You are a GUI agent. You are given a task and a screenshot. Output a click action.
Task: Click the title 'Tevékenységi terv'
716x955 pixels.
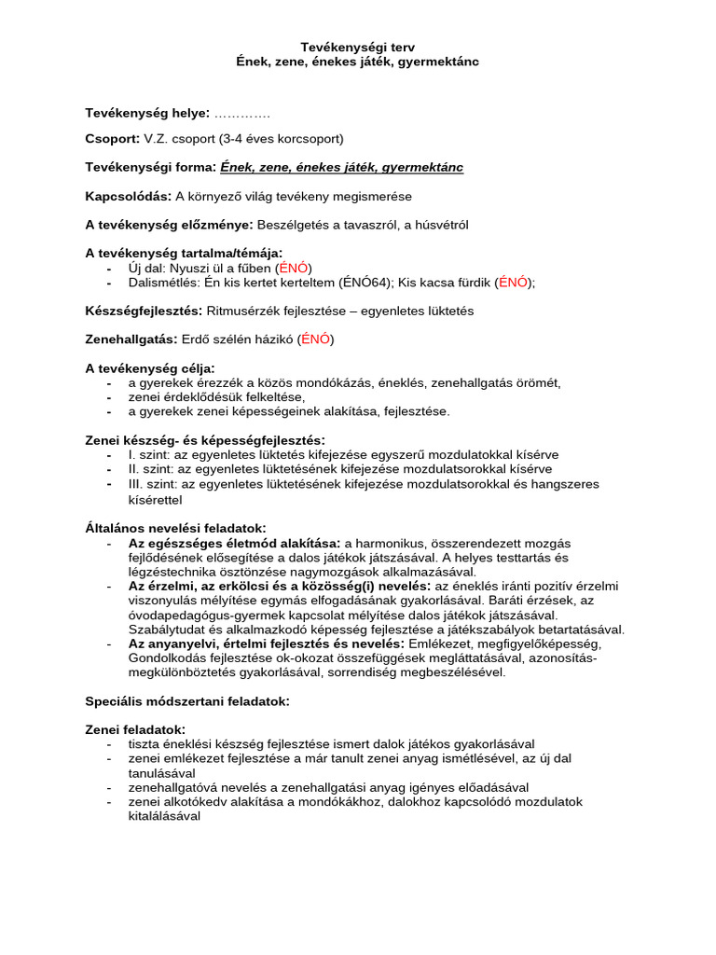coord(358,46)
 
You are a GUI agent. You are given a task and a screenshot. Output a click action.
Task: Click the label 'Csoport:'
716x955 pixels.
coord(112,139)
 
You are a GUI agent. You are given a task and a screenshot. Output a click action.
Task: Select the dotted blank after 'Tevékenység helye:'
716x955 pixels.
coord(242,113)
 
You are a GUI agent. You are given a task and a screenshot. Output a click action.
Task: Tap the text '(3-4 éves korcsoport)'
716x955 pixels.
coord(282,139)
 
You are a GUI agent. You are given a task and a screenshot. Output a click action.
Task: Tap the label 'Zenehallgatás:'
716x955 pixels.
coord(130,339)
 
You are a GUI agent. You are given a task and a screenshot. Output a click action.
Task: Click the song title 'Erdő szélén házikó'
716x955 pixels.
coord(238,339)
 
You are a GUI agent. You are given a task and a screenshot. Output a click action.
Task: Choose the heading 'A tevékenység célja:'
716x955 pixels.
coord(150,367)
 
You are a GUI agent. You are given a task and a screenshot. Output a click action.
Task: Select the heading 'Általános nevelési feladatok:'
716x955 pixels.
coord(176,528)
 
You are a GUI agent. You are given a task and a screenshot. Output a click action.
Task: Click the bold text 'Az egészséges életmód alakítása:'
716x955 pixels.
coord(234,543)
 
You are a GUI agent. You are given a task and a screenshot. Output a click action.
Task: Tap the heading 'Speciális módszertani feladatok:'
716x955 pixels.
coord(187,700)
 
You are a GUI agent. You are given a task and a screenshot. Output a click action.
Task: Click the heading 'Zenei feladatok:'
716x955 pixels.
coord(135,729)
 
